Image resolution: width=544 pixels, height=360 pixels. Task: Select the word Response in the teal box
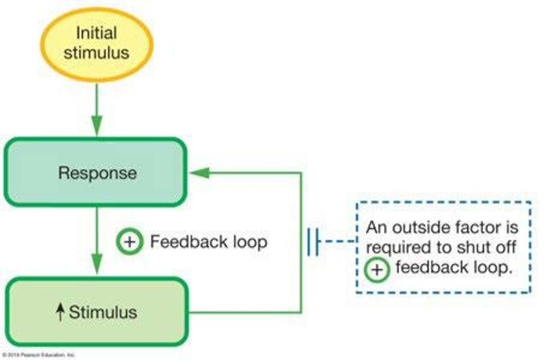(97, 173)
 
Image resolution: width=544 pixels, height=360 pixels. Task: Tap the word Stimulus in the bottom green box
(103, 312)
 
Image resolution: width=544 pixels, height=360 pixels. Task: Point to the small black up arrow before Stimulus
(60, 312)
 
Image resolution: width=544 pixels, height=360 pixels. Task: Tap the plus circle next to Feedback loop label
(129, 242)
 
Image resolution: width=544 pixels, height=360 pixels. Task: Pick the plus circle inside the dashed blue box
(377, 270)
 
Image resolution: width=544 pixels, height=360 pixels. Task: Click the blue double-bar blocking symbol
(314, 241)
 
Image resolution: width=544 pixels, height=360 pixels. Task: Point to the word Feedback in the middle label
(188, 241)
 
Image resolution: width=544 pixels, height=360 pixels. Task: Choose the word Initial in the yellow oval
(96, 33)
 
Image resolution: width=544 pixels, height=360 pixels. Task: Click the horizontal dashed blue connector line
(339, 241)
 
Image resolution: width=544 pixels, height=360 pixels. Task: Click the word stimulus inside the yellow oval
(96, 53)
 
